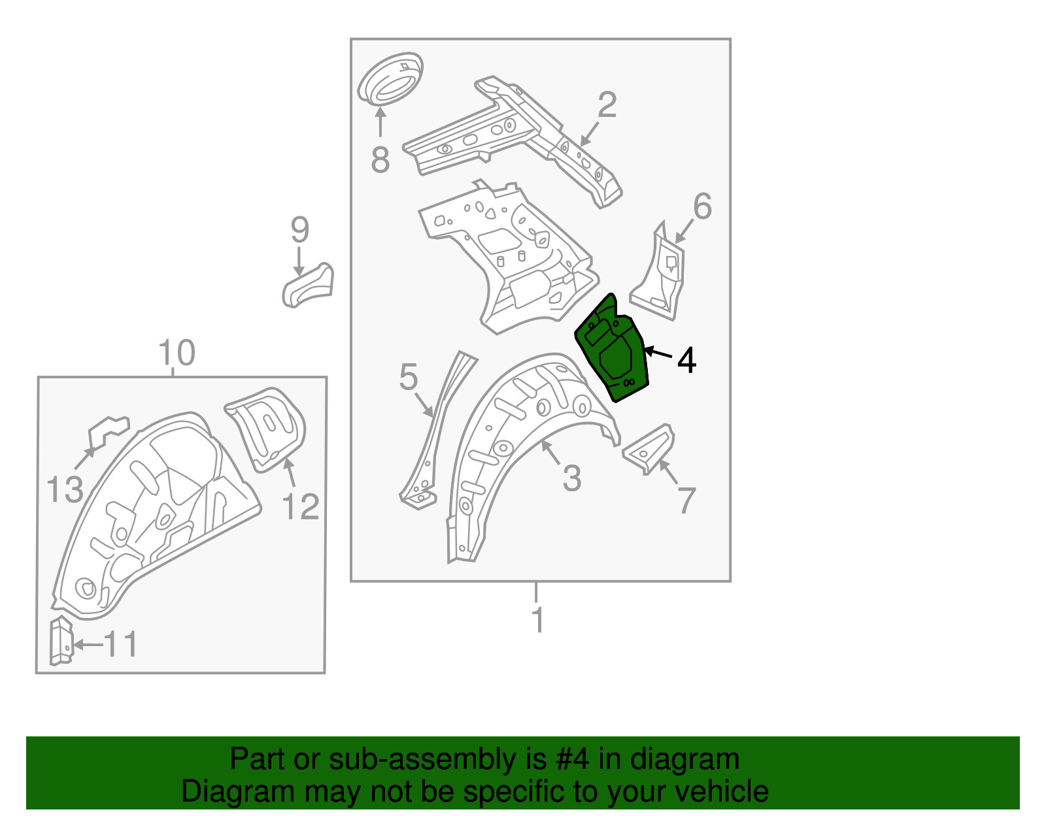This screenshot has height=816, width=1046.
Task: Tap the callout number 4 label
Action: coord(686,361)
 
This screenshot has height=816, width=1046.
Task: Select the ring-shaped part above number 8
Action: coord(390,79)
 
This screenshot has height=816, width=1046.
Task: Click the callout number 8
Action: coord(380,159)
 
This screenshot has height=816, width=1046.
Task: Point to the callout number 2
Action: coord(607,105)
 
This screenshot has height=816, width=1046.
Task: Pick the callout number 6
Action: coord(702,206)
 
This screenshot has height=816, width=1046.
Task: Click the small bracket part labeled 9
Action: coord(308,285)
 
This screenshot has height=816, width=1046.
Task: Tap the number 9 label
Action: coord(299,230)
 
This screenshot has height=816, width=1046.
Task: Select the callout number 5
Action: coord(408,377)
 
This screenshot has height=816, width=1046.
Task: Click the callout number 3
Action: coord(572,478)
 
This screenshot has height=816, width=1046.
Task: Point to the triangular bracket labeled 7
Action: coord(648,449)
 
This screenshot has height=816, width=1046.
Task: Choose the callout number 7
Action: coord(686,500)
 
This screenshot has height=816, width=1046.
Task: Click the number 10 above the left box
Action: coord(177,352)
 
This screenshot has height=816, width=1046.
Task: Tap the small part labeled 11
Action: coord(61,641)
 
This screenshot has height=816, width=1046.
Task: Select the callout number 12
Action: coord(300,507)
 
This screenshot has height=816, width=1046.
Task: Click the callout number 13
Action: coord(65,489)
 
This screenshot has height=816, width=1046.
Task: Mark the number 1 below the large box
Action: coord(537,620)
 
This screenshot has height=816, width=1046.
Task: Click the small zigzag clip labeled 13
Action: coord(109,431)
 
